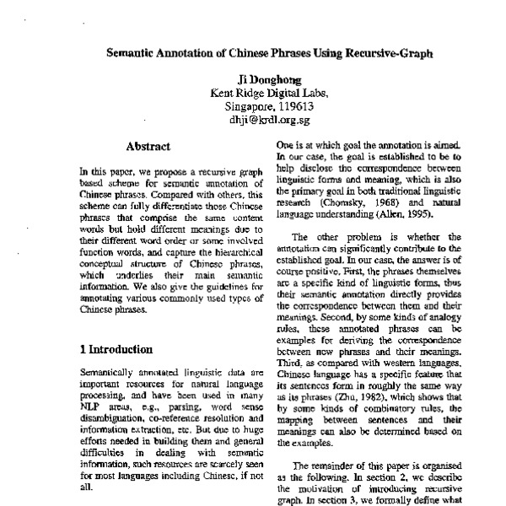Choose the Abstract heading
[x=148, y=147]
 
